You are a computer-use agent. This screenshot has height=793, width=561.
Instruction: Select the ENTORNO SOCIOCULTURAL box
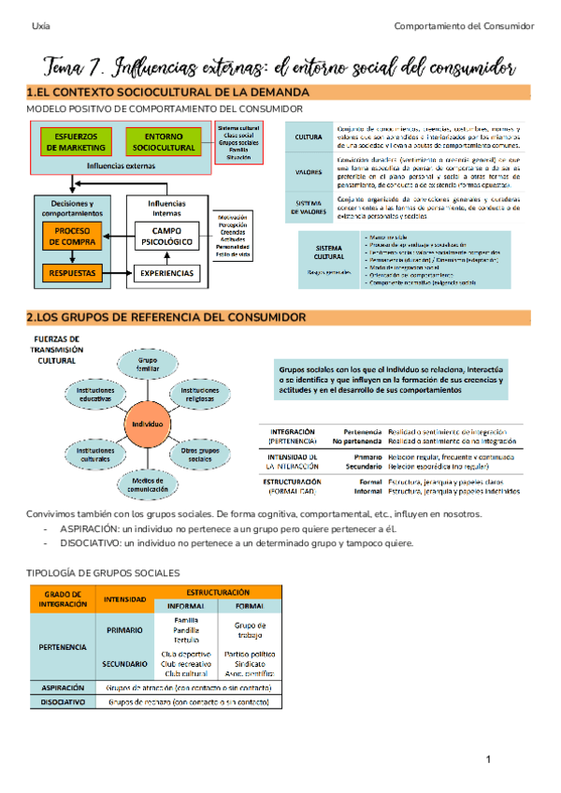pyautogui.click(x=164, y=141)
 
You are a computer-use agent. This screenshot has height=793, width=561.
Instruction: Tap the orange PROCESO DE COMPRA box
pyautogui.click(x=71, y=236)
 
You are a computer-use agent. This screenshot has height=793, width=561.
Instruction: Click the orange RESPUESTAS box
pyautogui.click(x=71, y=273)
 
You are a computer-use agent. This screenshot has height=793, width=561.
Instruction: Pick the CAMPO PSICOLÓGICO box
pyautogui.click(x=167, y=236)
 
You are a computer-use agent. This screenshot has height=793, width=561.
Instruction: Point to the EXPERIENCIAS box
pyautogui.click(x=167, y=273)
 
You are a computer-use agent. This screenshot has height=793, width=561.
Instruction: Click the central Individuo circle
pyautogui.click(x=148, y=423)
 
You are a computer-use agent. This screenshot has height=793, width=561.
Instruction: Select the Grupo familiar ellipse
pyautogui.click(x=148, y=364)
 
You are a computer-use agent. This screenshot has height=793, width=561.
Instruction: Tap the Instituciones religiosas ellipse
pyautogui.click(x=200, y=394)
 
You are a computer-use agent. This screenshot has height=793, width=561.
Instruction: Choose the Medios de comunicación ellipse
pyautogui.click(x=148, y=483)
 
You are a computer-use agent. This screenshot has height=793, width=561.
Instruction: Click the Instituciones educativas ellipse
pyautogui.click(x=95, y=394)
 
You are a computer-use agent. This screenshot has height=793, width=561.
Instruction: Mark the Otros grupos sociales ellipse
pyautogui.click(x=200, y=454)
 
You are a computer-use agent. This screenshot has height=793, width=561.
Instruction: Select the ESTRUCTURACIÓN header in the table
pyautogui.click(x=217, y=592)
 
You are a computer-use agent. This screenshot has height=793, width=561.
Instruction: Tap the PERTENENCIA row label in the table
pyautogui.click(x=63, y=646)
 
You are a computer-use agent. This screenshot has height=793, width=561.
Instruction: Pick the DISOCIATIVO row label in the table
pyautogui.click(x=63, y=700)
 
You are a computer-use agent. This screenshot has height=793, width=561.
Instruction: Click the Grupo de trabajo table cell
pyautogui.click(x=250, y=631)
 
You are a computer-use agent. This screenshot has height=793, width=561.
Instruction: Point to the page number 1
pyautogui.click(x=487, y=758)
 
